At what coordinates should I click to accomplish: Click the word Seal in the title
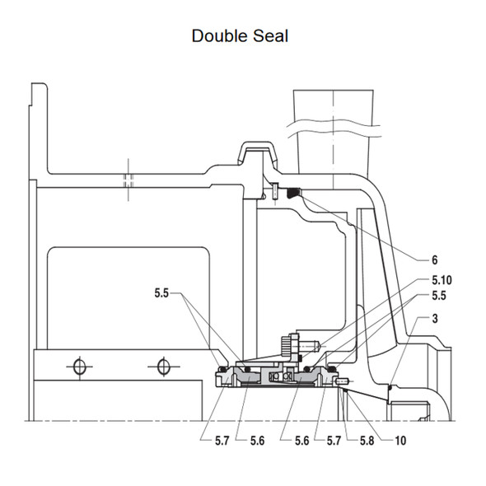pos(270,36)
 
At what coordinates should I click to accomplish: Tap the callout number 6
pos(435,260)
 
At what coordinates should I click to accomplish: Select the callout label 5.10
pos(442,280)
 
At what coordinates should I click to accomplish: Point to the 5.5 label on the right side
pos(439,296)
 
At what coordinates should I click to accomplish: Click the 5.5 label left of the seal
pos(161,293)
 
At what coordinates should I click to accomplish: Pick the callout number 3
pos(435,319)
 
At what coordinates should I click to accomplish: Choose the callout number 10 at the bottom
pos(400,441)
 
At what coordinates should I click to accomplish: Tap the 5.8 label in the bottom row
pos(367,441)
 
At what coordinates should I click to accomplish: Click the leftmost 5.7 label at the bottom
pos(222,441)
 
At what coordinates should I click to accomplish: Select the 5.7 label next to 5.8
pos(334,441)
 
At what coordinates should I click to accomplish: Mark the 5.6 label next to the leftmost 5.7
pos(258,441)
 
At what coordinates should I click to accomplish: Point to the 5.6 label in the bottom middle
pos(302,441)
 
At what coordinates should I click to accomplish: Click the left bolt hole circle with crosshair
pos(80,367)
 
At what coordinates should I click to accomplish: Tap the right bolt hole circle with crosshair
pos(164,367)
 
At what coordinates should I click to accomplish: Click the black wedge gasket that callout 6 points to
pos(292,194)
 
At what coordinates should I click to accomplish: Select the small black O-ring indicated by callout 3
pos(390,387)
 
